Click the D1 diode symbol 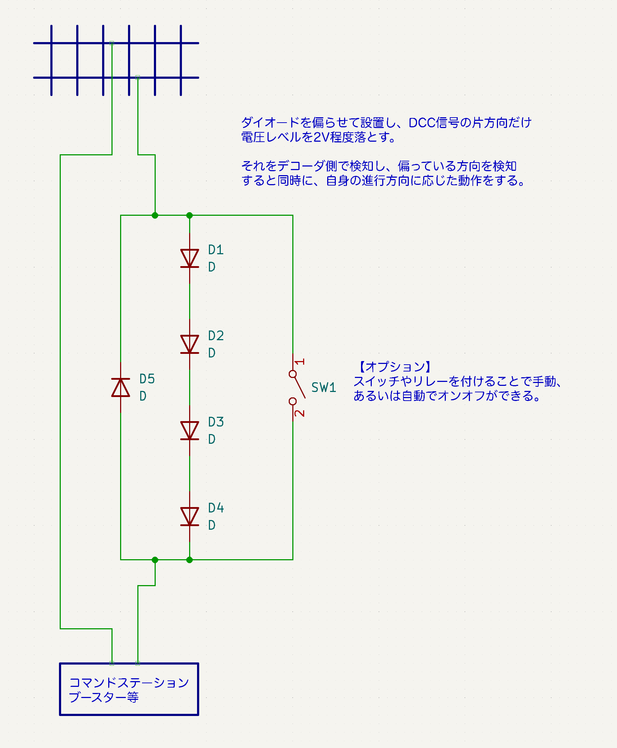[189, 259]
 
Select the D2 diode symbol [189, 345]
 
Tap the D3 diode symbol [189, 430]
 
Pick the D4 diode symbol [189, 516]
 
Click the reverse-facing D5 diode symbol [120, 387]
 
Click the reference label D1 [216, 250]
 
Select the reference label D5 [147, 379]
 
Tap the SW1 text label [324, 388]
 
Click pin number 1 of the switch [300, 361]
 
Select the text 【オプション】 [394, 367]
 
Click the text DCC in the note [422, 123]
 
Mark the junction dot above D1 [189, 215]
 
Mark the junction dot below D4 [189, 560]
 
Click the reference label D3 [216, 422]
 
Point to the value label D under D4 [212, 525]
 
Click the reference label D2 [216, 336]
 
